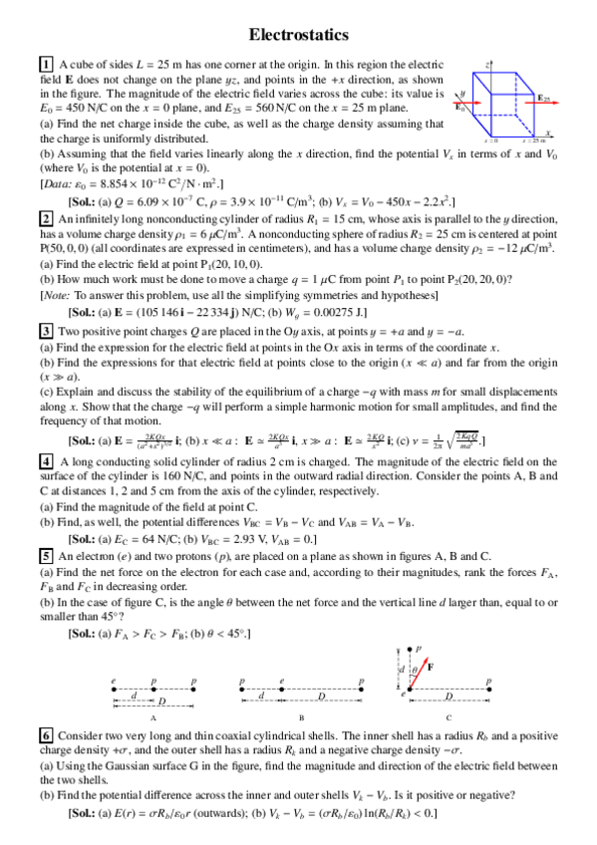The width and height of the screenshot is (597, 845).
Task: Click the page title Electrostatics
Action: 298,35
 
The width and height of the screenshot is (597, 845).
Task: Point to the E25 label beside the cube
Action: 544,98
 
